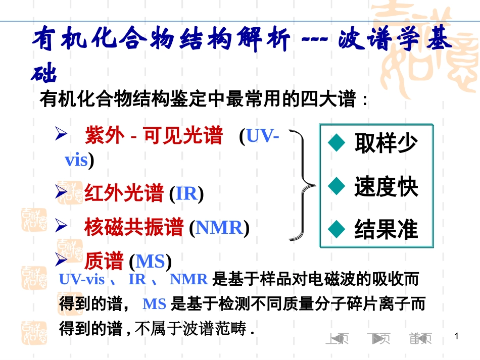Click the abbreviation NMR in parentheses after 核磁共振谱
(219, 228)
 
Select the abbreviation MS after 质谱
(151, 262)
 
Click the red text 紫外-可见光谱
(154, 136)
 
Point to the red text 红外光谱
(124, 193)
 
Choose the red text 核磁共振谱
(134, 228)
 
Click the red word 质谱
(104, 262)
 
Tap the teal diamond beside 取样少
(335, 143)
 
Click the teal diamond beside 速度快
(335, 187)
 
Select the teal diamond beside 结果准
(335, 230)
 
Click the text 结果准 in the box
(386, 230)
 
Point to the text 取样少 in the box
(386, 143)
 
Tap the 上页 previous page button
(337, 339)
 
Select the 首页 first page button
(421, 339)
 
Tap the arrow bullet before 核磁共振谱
(61, 226)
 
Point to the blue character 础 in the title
(43, 74)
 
